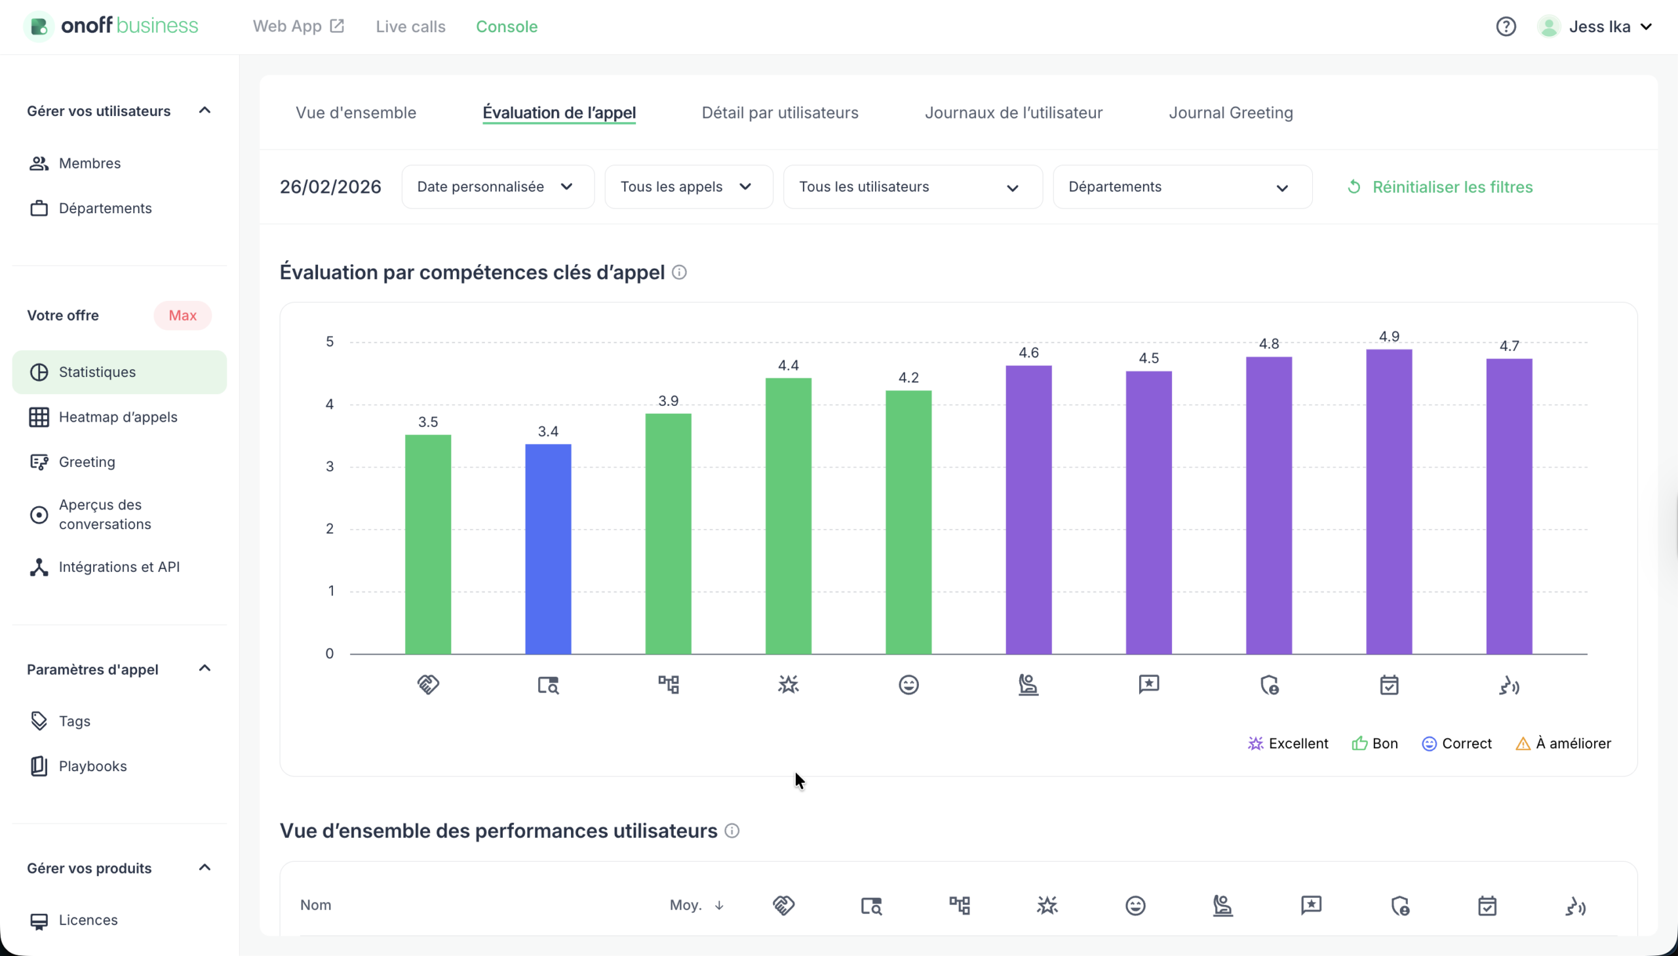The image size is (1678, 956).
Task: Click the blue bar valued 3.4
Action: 548,549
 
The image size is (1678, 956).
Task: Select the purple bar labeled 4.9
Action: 1388,502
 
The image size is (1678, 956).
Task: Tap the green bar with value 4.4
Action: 788,516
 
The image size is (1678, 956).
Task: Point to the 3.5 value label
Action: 428,422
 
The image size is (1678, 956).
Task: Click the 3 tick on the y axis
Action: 330,467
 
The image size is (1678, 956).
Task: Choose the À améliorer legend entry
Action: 1563,744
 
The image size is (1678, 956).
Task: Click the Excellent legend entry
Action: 1287,744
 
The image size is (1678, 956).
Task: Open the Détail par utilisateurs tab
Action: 779,113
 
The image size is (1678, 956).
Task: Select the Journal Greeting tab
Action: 1230,113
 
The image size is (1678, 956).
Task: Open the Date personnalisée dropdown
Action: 498,187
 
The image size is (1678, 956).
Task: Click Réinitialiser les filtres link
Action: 1440,187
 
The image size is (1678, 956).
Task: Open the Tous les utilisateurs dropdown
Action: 912,187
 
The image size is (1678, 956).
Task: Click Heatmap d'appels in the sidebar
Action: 118,417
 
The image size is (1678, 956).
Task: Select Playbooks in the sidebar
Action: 92,767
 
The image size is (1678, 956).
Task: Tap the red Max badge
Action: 182,316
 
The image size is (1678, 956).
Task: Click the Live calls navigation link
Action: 410,27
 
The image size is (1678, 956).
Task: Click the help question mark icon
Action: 1506,27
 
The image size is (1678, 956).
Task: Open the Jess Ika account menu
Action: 1599,27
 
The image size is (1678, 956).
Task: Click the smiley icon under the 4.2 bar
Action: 908,685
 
